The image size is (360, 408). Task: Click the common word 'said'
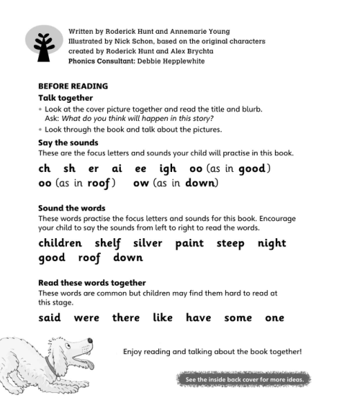click(49, 317)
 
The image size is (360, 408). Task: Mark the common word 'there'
click(126, 317)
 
